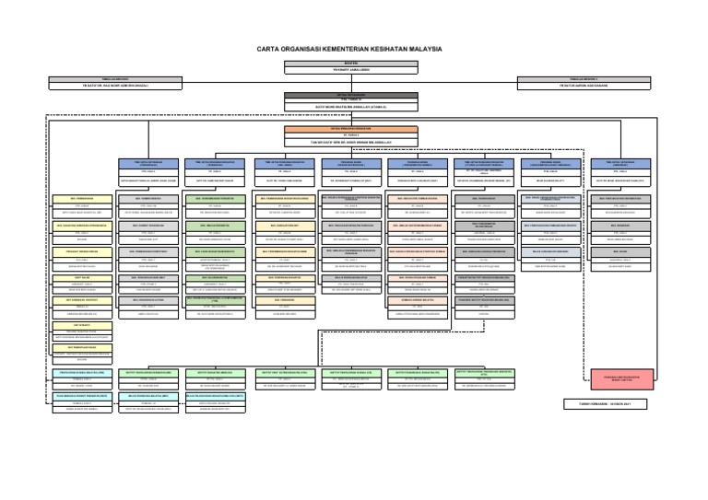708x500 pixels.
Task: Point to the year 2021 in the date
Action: (x=626, y=403)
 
